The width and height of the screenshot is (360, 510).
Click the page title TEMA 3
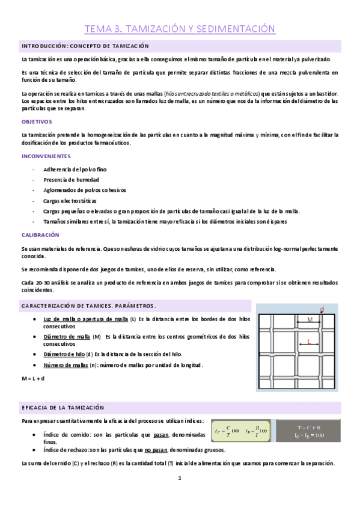(180, 28)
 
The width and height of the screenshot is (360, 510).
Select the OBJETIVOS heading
(37, 121)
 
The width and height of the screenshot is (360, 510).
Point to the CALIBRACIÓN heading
(40, 235)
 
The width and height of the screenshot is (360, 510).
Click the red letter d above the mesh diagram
(322, 310)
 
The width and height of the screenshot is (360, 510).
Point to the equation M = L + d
(33, 378)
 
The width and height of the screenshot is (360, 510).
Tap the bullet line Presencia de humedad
(71, 179)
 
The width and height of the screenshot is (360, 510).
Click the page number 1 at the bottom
(179, 479)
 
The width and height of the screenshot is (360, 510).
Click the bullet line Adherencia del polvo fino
(73, 169)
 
